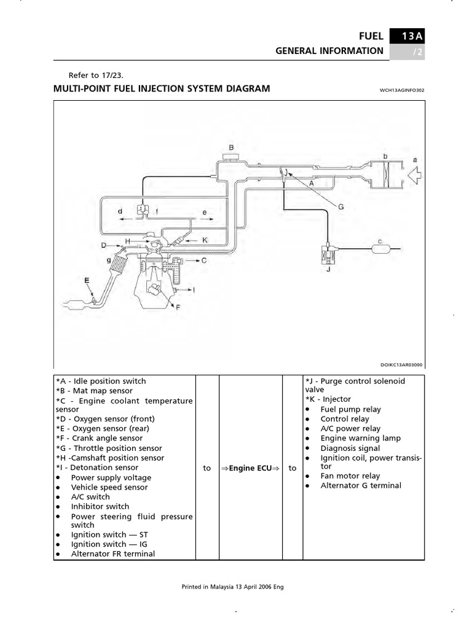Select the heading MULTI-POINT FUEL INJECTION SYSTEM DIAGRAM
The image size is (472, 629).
(x=162, y=88)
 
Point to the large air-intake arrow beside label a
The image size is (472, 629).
(x=415, y=175)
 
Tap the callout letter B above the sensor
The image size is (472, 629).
(x=232, y=147)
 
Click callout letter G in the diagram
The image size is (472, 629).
(x=341, y=207)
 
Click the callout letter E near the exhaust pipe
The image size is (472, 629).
(x=87, y=280)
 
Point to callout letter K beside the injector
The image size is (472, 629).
(x=205, y=240)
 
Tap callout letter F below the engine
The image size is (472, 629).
(x=178, y=307)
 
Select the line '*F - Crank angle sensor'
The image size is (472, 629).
(x=99, y=438)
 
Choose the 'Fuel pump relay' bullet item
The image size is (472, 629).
(x=350, y=409)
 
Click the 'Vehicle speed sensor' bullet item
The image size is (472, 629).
(x=109, y=487)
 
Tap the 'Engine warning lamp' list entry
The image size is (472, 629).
(x=360, y=438)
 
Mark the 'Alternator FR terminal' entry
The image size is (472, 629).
(x=113, y=553)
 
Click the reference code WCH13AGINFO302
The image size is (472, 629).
(x=403, y=90)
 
